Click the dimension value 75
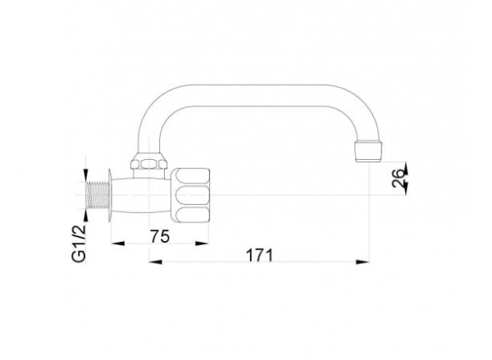coord(160,236)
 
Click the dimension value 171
coord(259,255)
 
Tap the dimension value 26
coord(399,178)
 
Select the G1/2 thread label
coord(79,244)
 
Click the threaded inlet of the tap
coord(98,194)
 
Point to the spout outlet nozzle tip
coord(368,152)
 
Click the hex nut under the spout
coord(148,161)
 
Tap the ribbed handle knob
coord(190,194)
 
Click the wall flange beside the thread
coord(110,195)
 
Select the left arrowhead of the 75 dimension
coord(118,244)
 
